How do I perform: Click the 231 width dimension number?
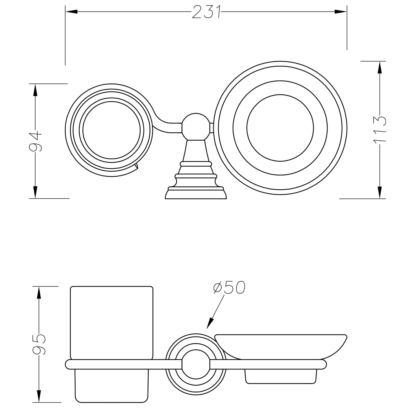pyautogui.click(x=206, y=12)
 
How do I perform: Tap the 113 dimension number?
pyautogui.click(x=380, y=129)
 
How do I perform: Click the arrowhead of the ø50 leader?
pyautogui.click(x=210, y=323)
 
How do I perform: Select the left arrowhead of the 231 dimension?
pyautogui.click(x=71, y=12)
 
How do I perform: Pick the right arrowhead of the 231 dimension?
pyautogui.click(x=341, y=12)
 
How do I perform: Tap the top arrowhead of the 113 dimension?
pyautogui.click(x=380, y=67)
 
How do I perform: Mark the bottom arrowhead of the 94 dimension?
pyautogui.click(x=35, y=192)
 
